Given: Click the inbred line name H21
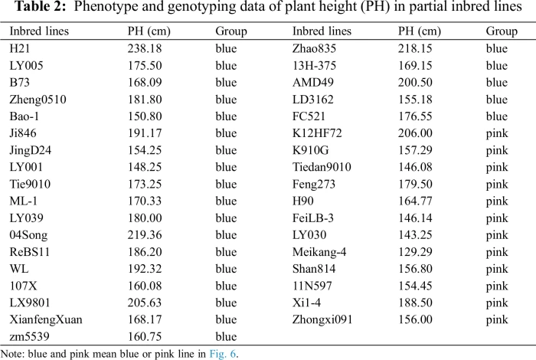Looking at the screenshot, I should click(x=18, y=48).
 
